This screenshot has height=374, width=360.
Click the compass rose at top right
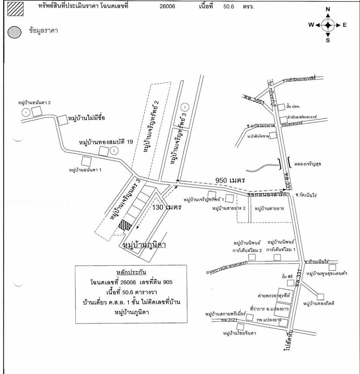coord(328,25)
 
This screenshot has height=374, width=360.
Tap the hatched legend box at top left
coord(16,8)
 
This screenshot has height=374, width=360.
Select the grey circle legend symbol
coord(14,32)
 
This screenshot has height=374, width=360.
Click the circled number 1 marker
coord(26,112)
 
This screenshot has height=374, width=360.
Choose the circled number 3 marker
coord(185,107)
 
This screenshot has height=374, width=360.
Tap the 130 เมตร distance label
coord(167,207)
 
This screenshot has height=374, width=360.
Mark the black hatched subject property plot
coord(125,225)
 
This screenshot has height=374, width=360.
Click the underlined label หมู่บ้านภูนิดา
coord(145,245)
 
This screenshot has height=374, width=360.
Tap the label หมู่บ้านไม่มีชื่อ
coord(86,118)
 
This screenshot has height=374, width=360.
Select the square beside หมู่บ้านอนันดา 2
coord(36,111)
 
